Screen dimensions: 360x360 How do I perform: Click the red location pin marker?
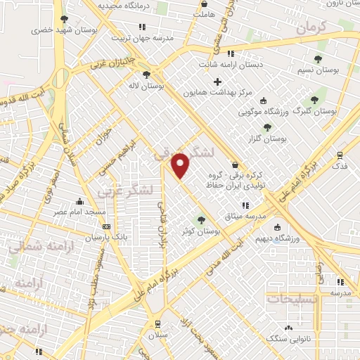[181, 165]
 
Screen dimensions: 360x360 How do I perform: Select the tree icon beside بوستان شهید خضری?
[64, 20]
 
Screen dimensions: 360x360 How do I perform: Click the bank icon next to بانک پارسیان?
[106, 226]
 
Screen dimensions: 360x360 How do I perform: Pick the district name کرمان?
[312, 29]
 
